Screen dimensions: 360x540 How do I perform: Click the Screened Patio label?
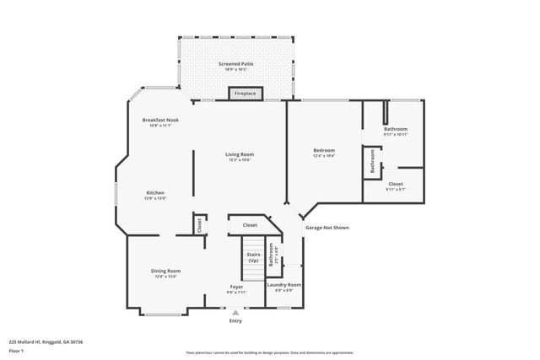(235, 63)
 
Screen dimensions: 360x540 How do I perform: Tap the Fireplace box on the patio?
(245, 94)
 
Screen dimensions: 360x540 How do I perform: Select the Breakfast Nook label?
(159, 121)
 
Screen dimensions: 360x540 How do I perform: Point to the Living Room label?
(240, 154)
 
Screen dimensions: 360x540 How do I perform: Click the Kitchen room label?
(154, 192)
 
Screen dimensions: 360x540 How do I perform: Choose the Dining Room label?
(165, 271)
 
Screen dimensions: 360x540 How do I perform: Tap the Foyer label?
(236, 287)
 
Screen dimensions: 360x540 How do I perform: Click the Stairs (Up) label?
(253, 256)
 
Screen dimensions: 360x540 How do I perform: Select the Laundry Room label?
(283, 285)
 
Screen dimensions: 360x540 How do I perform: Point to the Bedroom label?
(324, 150)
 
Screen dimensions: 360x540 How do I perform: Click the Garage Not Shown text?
(327, 228)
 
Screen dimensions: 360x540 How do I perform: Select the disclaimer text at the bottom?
(269, 352)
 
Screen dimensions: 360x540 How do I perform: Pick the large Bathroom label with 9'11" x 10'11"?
(396, 129)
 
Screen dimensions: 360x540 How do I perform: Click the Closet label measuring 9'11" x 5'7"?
(396, 184)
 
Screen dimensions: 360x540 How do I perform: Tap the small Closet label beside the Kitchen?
(199, 225)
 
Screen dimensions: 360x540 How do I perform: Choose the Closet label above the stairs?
(250, 225)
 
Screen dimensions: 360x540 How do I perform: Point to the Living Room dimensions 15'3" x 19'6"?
(240, 160)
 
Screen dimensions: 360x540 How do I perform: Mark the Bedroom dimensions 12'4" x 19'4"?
(324, 156)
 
